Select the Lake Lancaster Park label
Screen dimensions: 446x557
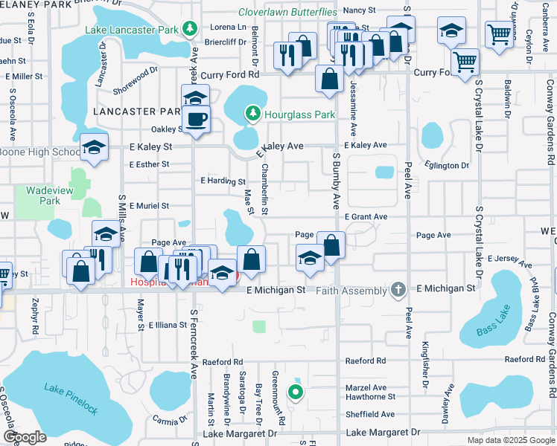click(132, 30)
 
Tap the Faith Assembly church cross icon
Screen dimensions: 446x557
click(399, 289)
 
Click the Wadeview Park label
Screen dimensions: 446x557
click(42, 195)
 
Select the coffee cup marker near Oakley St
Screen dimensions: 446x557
click(197, 119)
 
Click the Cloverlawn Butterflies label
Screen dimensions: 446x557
click(287, 12)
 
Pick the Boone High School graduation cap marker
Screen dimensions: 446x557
click(95, 148)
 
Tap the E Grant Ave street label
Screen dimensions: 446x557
click(366, 216)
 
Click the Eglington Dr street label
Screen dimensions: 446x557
click(447, 166)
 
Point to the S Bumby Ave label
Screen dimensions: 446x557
click(337, 181)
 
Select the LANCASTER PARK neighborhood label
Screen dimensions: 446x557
click(138, 111)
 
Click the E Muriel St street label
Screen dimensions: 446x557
click(149, 205)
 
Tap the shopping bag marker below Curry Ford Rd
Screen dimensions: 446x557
click(329, 78)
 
